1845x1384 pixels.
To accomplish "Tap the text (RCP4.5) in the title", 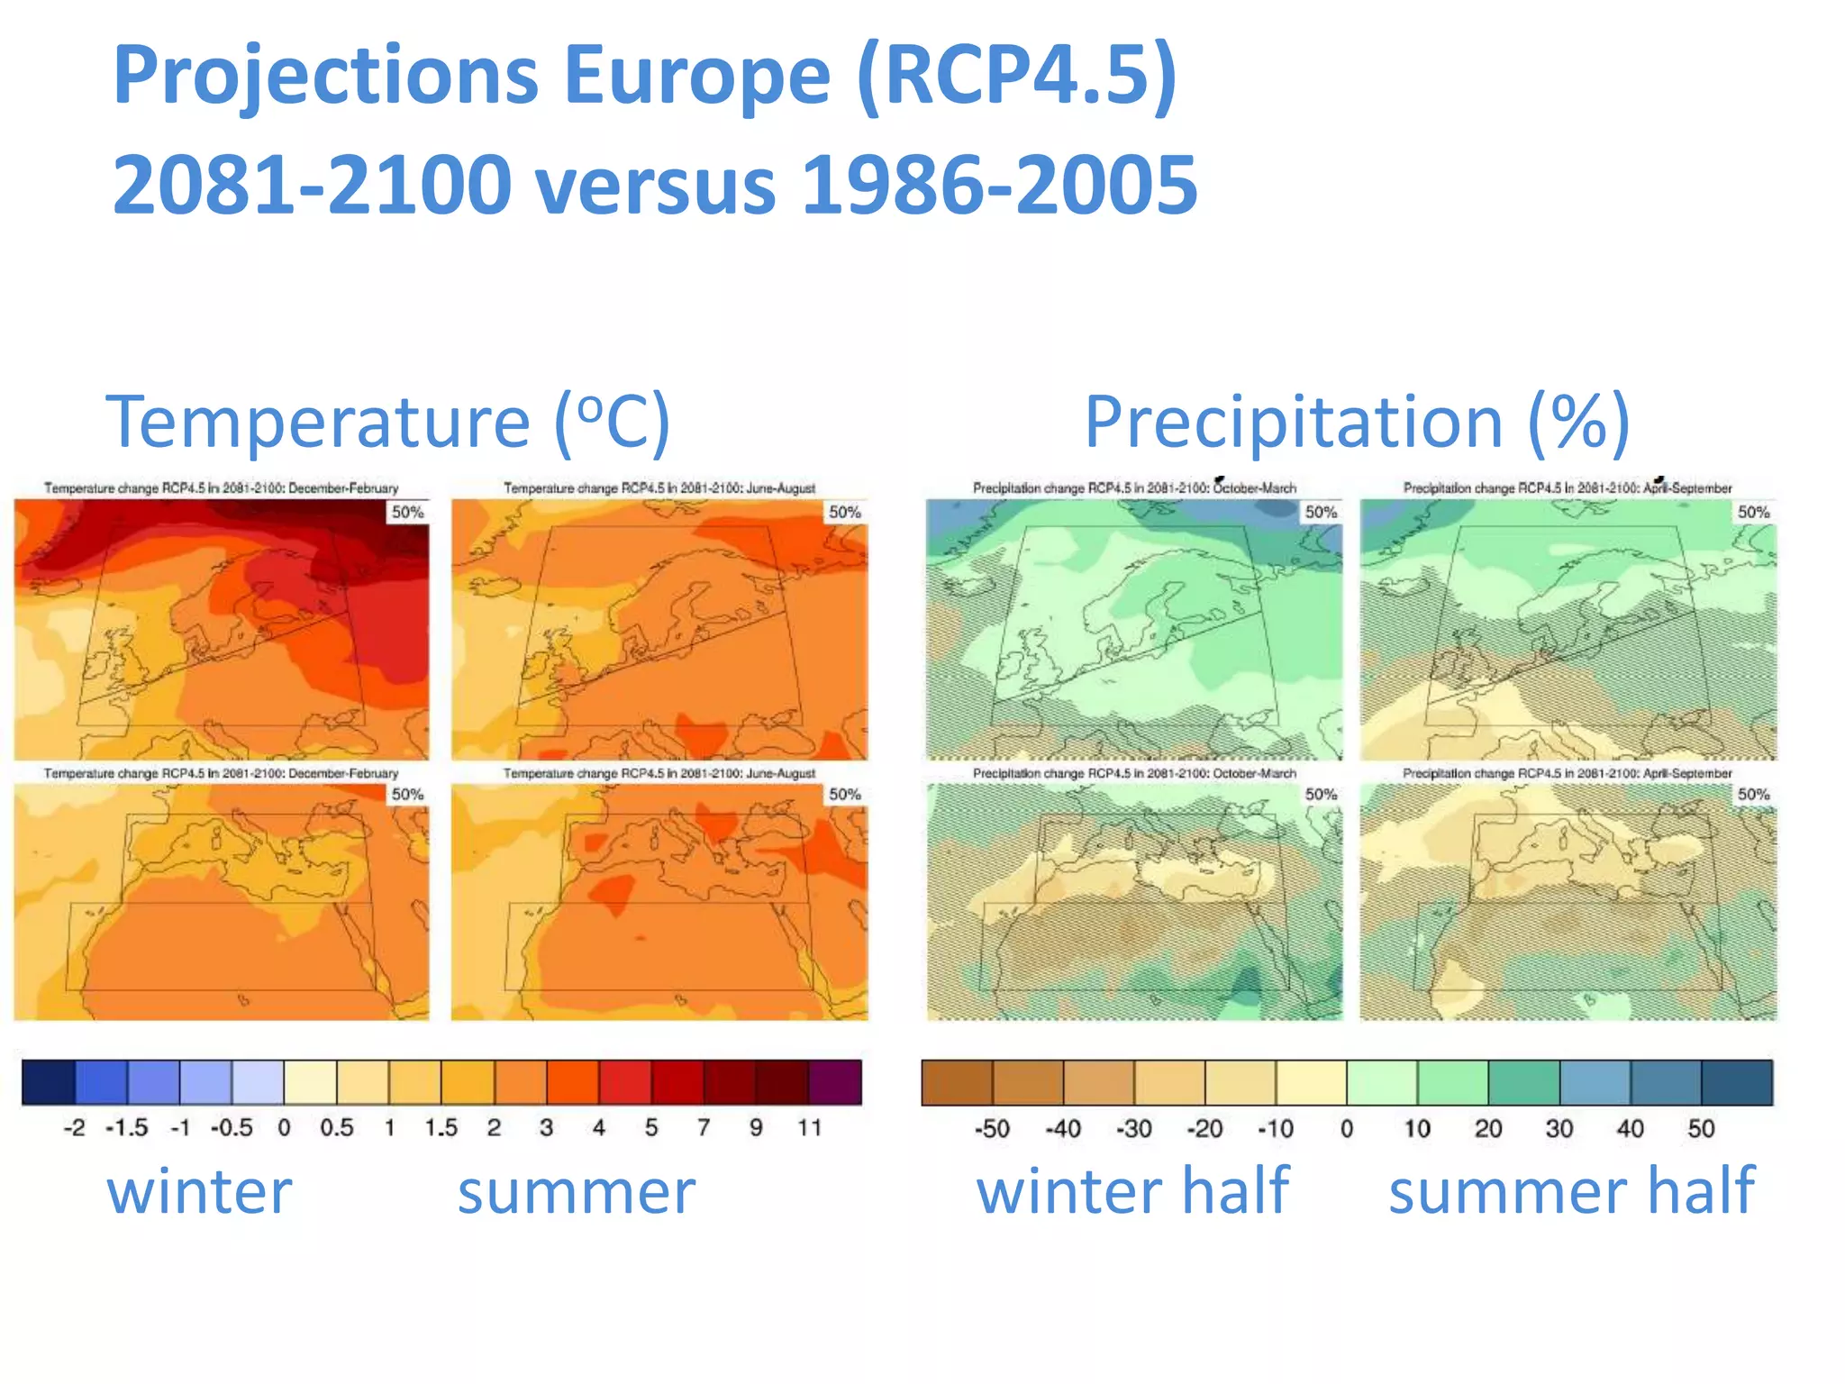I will pos(1017,77).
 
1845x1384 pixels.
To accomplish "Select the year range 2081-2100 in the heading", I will pos(312,185).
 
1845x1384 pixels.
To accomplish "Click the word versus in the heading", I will pos(655,185).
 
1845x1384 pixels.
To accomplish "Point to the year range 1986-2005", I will pos(999,185).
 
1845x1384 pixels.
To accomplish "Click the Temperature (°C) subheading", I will pos(387,421).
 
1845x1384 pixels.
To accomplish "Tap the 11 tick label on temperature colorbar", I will pos(809,1127).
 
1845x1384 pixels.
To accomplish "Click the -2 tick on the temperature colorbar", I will pos(74,1127).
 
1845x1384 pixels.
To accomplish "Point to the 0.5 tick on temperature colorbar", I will pos(336,1127).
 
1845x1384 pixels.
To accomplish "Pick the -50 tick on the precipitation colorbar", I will pos(991,1128).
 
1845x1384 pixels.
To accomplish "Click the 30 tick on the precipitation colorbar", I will pos(1559,1128).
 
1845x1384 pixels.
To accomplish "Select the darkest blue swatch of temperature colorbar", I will pos(49,1082).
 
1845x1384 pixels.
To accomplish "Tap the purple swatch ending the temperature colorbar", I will pos(835,1082).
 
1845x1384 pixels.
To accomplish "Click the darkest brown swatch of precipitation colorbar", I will pos(957,1082).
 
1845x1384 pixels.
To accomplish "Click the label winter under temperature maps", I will pos(199,1191).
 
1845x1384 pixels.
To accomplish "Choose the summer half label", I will pos(1571,1191).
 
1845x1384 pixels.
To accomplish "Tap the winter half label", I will pos(1132,1191).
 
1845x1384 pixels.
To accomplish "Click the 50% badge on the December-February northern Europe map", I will pos(407,512).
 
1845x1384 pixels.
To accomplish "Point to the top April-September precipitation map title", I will pos(1567,488).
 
